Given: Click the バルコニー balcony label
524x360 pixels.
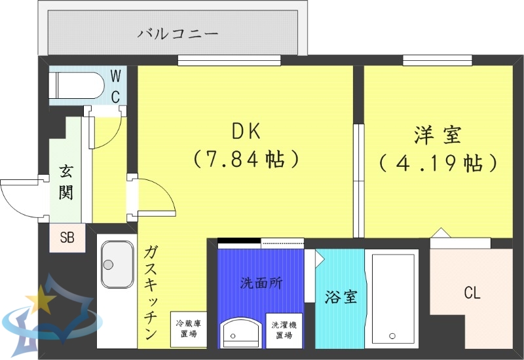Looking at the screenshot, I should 178,33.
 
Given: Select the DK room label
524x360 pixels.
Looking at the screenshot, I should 246,132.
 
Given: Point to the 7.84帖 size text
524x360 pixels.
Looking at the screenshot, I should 246,158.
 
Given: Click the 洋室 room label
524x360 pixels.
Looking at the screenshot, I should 438,135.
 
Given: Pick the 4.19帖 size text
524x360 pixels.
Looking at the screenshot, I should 438,162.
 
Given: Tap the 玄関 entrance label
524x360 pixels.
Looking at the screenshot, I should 66,183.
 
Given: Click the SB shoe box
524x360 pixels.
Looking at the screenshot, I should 67,238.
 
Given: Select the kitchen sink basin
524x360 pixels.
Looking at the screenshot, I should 117,264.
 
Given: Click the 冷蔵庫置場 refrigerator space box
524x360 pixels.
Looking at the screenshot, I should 188,329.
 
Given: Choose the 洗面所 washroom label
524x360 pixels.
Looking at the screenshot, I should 261,284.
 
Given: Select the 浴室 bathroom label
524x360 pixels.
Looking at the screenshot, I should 341,297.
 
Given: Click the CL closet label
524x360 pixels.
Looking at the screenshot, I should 472,293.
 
